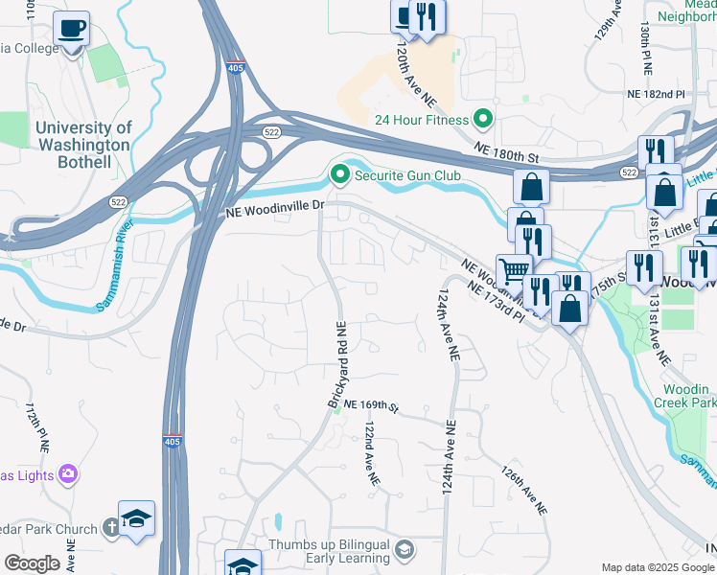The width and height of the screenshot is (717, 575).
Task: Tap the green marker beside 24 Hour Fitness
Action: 483,120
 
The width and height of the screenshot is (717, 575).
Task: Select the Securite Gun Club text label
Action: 407,175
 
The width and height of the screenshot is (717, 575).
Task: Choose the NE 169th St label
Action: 371,406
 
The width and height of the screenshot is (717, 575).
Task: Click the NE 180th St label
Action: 508,152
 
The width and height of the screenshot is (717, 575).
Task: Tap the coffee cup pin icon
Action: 70,29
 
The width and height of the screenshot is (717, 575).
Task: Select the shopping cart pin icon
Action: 514,269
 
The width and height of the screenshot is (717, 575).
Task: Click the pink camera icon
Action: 67,472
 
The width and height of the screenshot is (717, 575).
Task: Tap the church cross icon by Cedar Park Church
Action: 111,528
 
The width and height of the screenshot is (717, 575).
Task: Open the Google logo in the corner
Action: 32,563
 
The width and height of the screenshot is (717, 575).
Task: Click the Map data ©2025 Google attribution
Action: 658,567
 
